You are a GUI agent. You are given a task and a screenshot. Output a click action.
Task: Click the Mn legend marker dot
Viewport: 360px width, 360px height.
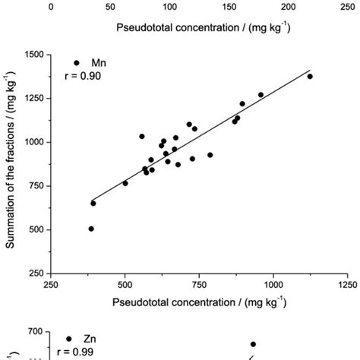tap(77, 63)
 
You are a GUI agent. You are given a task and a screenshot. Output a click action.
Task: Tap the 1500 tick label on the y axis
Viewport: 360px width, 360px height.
tap(33, 55)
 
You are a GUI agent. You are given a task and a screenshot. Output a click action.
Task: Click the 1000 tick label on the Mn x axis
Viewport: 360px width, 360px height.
tap(273, 286)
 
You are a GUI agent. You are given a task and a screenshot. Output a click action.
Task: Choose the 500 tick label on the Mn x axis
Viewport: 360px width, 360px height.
tap(125, 286)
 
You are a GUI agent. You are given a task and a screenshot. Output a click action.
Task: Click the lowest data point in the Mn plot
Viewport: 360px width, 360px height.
tap(91, 229)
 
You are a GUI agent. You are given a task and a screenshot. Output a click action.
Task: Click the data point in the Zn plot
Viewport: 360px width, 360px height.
tap(254, 344)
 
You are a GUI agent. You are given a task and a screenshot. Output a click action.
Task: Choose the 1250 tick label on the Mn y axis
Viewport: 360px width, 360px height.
tap(33, 98)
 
